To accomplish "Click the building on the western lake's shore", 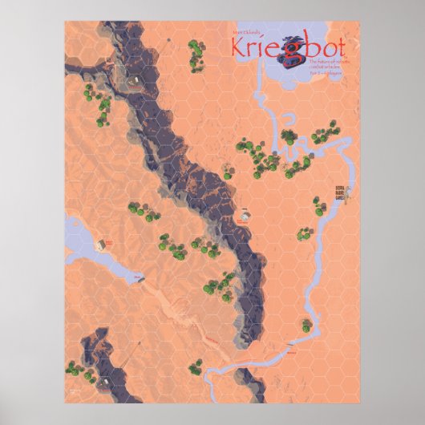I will tap(101, 243).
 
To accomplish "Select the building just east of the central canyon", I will tap(245, 215).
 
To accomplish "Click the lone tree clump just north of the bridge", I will tap(306, 325).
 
